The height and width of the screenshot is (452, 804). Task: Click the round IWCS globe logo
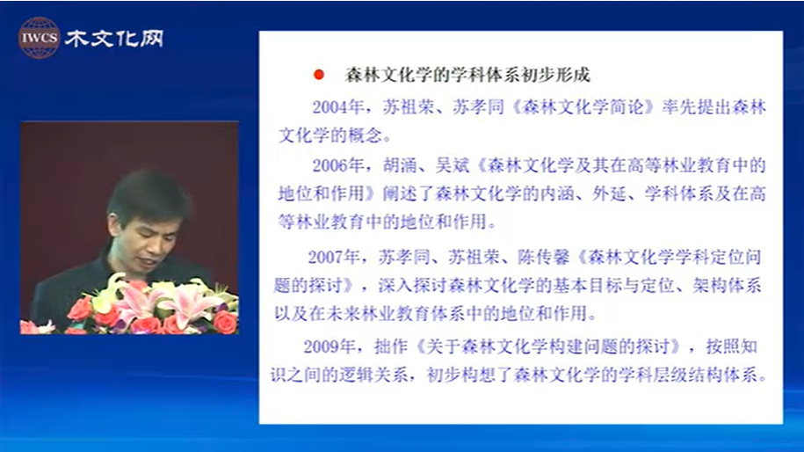tap(39, 38)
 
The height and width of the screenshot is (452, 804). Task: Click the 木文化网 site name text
tap(114, 39)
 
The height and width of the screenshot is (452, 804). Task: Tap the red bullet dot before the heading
tap(318, 75)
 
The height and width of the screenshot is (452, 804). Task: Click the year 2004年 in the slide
tap(338, 106)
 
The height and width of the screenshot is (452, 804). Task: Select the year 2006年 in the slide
tap(338, 165)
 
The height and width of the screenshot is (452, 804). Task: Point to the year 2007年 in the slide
tap(333, 257)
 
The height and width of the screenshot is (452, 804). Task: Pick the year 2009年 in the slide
tap(330, 346)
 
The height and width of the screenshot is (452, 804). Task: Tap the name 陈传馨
tap(544, 257)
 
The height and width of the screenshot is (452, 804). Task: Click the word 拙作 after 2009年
tap(391, 346)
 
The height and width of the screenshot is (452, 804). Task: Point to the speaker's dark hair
tap(148, 193)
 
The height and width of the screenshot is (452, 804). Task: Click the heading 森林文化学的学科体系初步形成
tap(467, 75)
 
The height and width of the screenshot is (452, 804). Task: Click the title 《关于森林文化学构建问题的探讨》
tap(547, 346)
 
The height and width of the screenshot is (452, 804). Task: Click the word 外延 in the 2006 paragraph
tap(609, 193)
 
